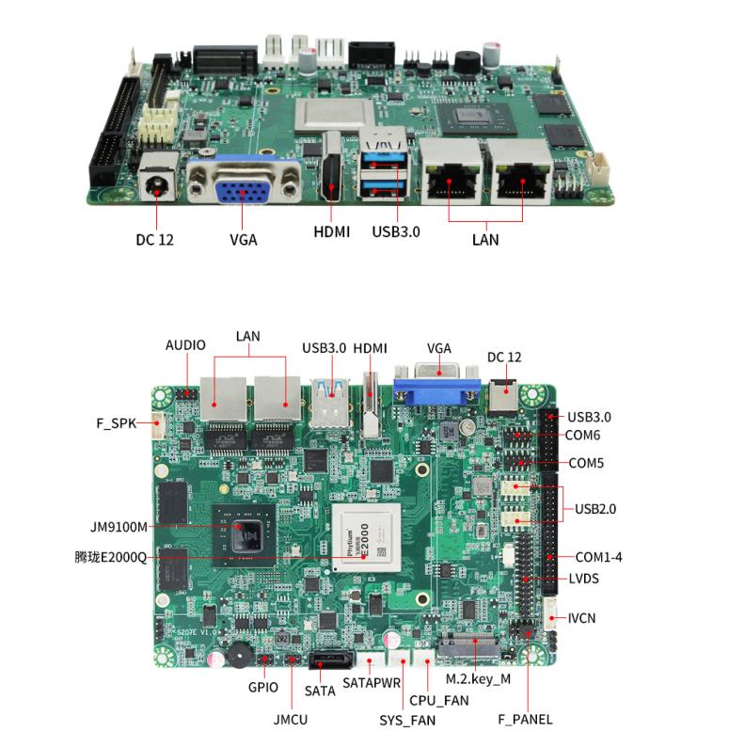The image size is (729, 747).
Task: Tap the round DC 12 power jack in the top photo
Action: point(156,183)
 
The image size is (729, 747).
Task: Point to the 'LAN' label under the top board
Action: point(485,239)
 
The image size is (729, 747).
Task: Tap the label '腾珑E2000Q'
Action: point(110,557)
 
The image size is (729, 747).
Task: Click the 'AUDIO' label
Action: point(185,345)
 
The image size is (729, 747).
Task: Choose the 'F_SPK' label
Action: point(117,423)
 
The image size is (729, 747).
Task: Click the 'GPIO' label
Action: point(263,688)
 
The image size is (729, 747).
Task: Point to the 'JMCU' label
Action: point(291,720)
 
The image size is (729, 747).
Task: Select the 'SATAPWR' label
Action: point(370,681)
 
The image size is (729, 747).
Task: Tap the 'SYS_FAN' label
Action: point(407,721)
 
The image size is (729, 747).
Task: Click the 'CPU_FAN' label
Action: point(438,701)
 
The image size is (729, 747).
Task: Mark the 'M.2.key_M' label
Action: point(478,679)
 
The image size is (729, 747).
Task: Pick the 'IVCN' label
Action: point(581,618)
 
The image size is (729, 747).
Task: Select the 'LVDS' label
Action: point(584,579)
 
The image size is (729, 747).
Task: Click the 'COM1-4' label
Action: point(598,557)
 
